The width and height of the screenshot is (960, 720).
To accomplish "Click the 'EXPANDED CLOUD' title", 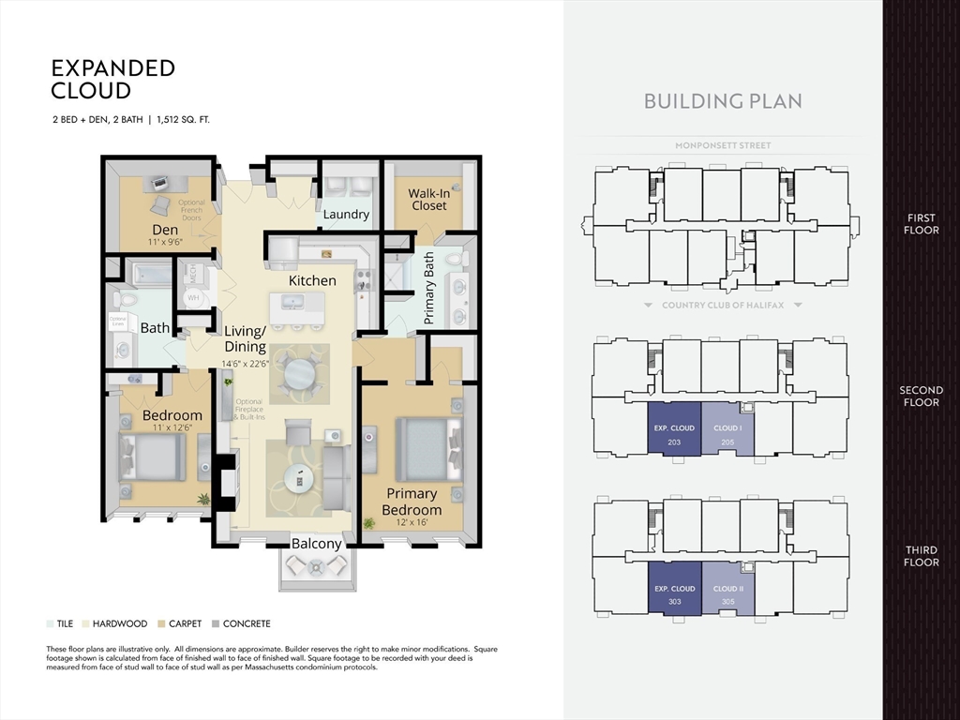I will pos(112,80).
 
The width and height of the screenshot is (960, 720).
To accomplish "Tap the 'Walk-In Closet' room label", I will pos(428,200).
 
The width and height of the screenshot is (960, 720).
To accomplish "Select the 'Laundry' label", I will pos(346,215).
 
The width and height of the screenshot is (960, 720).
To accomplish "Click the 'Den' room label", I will pos(165,230).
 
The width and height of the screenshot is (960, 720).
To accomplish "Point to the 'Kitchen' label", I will pos(312,280).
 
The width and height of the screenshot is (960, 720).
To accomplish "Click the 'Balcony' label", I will pos(317,544).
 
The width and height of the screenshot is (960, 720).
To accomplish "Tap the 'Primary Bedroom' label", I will pos(412,501).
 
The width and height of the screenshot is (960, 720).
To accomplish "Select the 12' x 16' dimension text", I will pos(412,521).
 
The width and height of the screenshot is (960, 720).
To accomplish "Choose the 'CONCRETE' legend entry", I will pos(241,623).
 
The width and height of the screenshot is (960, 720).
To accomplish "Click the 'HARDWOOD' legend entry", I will pos(114,623).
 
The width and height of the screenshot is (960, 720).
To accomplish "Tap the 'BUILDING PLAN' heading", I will pos(723,101).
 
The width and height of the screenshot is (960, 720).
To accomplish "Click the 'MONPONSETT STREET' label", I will pos(723,146).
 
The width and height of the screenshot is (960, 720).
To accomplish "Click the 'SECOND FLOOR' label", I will pos(921,397).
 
